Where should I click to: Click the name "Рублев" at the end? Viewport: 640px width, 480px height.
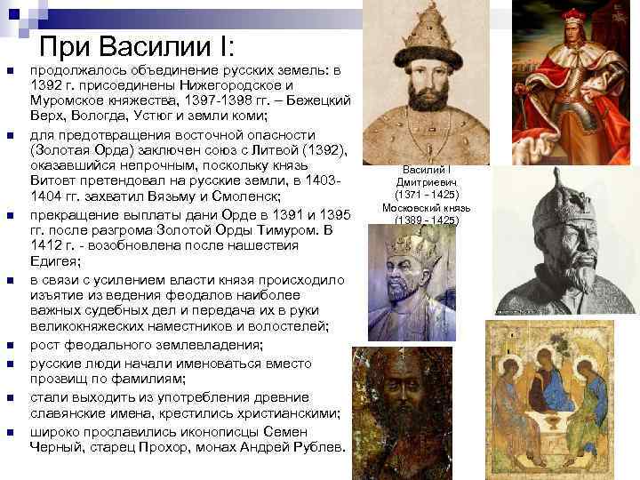pos(315,447)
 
